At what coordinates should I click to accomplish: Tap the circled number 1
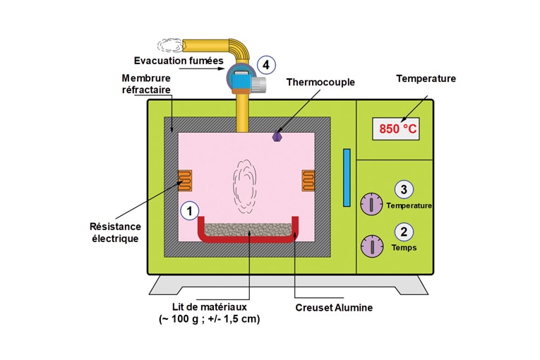coord(189,210)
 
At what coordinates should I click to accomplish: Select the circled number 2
coord(403,231)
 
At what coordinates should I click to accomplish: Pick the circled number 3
coord(403,189)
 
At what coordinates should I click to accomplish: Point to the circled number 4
coord(265,65)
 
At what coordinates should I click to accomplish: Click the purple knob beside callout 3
coord(371,204)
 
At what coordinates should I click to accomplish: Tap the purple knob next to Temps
coord(371,246)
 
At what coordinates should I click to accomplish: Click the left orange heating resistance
coord(185,181)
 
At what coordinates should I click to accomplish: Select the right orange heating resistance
coord(307,179)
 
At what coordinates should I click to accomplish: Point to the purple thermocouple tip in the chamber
coord(277,136)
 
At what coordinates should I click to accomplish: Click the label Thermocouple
coord(320,82)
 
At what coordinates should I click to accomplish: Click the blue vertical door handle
coord(347,178)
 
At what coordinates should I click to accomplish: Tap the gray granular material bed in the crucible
coord(247,229)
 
